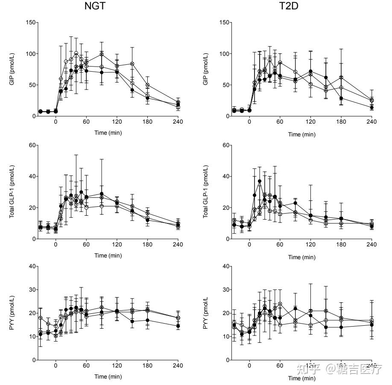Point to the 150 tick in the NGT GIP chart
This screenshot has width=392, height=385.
coord(30,23)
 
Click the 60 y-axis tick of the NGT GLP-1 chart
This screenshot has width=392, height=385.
coord(32,145)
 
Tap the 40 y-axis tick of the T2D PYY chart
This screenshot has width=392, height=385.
coord(225,266)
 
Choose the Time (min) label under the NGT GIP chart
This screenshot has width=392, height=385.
coord(108,133)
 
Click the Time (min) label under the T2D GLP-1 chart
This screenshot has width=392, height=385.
coord(302,257)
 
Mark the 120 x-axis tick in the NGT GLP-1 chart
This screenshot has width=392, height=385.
coord(117,244)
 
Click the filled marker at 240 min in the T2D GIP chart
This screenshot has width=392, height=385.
coord(372,107)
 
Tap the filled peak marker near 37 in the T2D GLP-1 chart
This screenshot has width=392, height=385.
coord(260,181)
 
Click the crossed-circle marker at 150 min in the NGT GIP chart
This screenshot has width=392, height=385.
coord(132,64)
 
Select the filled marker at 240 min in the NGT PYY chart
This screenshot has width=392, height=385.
coord(178,326)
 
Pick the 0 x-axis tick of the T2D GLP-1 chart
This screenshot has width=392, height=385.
coord(249,244)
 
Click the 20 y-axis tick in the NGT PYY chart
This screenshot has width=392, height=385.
coord(32,313)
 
